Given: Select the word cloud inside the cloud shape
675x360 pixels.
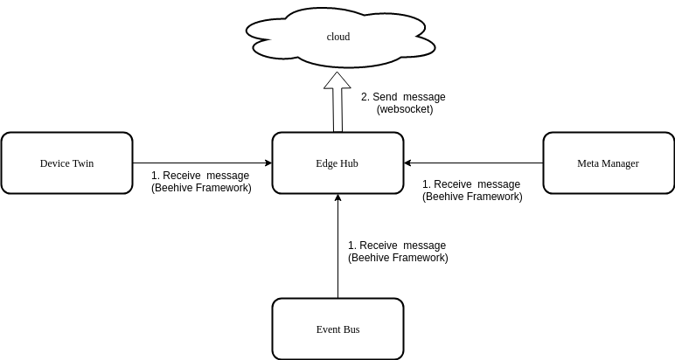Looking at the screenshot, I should (337, 37).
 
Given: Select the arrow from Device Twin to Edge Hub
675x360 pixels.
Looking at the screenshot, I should (201, 163).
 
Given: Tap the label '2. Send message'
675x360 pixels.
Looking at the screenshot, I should (403, 97).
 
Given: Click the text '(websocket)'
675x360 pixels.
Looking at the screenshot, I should (404, 109).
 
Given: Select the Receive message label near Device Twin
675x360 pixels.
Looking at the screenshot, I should (201, 176).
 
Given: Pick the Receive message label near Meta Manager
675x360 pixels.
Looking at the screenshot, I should (471, 184).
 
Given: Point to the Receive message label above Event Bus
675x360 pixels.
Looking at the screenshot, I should (397, 246).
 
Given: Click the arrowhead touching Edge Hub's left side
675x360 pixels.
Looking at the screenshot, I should (268, 163).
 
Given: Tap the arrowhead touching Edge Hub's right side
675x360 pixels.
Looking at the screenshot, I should (408, 163).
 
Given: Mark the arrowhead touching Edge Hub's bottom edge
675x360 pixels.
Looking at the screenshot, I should (337, 198).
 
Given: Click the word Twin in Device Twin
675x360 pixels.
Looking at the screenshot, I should (82, 163).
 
